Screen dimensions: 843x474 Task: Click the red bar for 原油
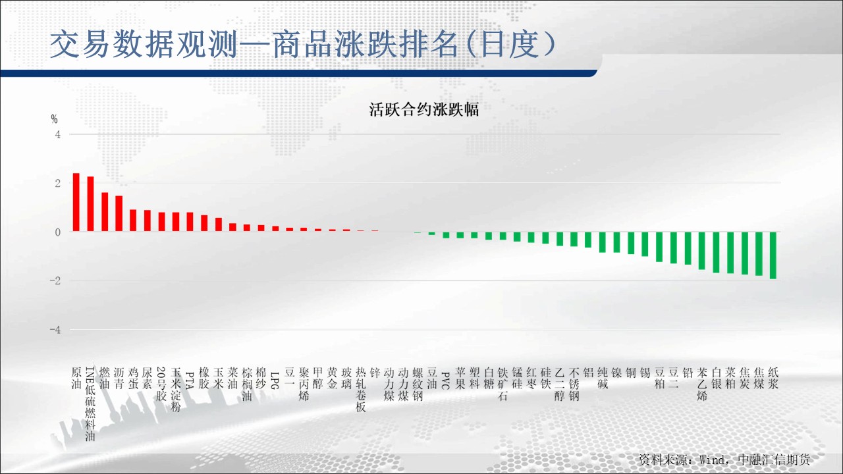[76, 202]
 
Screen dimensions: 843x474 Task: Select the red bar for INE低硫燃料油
[90, 203]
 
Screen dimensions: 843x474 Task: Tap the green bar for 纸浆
[773, 255]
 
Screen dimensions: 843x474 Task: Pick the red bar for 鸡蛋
[133, 220]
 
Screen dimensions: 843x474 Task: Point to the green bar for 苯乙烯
[702, 251]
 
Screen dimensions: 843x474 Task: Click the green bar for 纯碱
[603, 242]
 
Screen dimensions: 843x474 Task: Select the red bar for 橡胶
[204, 223]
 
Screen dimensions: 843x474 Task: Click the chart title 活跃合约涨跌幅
[423, 109]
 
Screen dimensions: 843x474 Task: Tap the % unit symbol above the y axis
[54, 119]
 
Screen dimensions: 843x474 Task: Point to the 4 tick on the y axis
[57, 134]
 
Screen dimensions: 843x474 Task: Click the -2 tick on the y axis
[55, 280]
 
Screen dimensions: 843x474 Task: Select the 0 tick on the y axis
[57, 232]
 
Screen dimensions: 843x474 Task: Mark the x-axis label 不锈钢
[574, 384]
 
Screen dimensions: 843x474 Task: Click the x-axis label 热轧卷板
[360, 390]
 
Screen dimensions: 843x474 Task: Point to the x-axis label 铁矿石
[503, 384]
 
